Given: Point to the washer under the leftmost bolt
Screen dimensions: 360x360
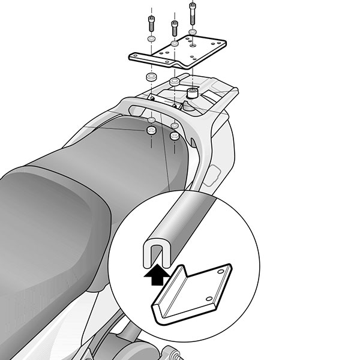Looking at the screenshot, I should click(150, 40).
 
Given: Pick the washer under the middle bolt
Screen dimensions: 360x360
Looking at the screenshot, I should click(173, 44).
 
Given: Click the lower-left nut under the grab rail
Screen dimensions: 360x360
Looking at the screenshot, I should click(151, 130).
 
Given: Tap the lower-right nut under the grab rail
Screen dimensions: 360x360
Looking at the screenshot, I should click(175, 136).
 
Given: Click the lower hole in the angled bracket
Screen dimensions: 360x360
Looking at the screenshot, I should click(209, 298).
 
